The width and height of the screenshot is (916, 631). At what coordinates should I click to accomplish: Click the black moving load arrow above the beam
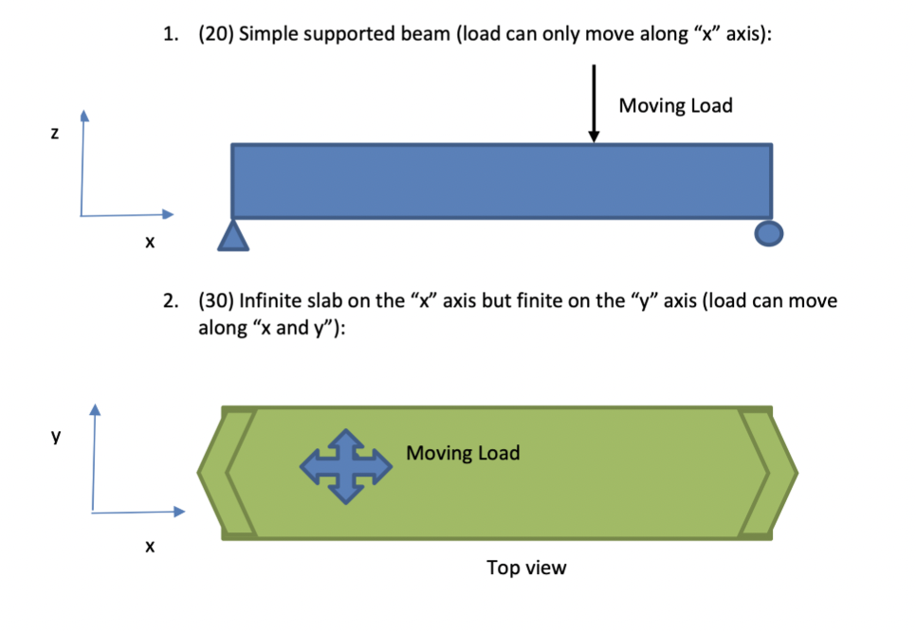click(594, 103)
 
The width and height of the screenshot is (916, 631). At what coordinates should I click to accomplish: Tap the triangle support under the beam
click(233, 237)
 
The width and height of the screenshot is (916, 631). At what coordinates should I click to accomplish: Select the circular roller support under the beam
click(769, 233)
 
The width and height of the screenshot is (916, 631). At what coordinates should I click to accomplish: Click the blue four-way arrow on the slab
click(346, 466)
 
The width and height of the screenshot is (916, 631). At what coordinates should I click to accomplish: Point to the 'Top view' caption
click(526, 568)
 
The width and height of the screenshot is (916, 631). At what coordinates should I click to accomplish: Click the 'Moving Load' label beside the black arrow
click(675, 106)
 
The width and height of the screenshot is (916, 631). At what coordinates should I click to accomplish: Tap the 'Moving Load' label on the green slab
click(463, 453)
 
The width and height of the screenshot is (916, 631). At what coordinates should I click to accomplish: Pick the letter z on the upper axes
click(55, 133)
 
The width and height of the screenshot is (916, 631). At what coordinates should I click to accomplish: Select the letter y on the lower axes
click(56, 436)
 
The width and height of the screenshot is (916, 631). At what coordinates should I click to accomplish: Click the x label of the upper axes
click(150, 242)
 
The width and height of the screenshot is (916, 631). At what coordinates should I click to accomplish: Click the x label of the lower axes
click(150, 547)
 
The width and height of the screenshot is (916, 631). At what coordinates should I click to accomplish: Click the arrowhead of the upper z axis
click(84, 115)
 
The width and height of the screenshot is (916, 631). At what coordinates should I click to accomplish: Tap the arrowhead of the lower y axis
click(95, 408)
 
